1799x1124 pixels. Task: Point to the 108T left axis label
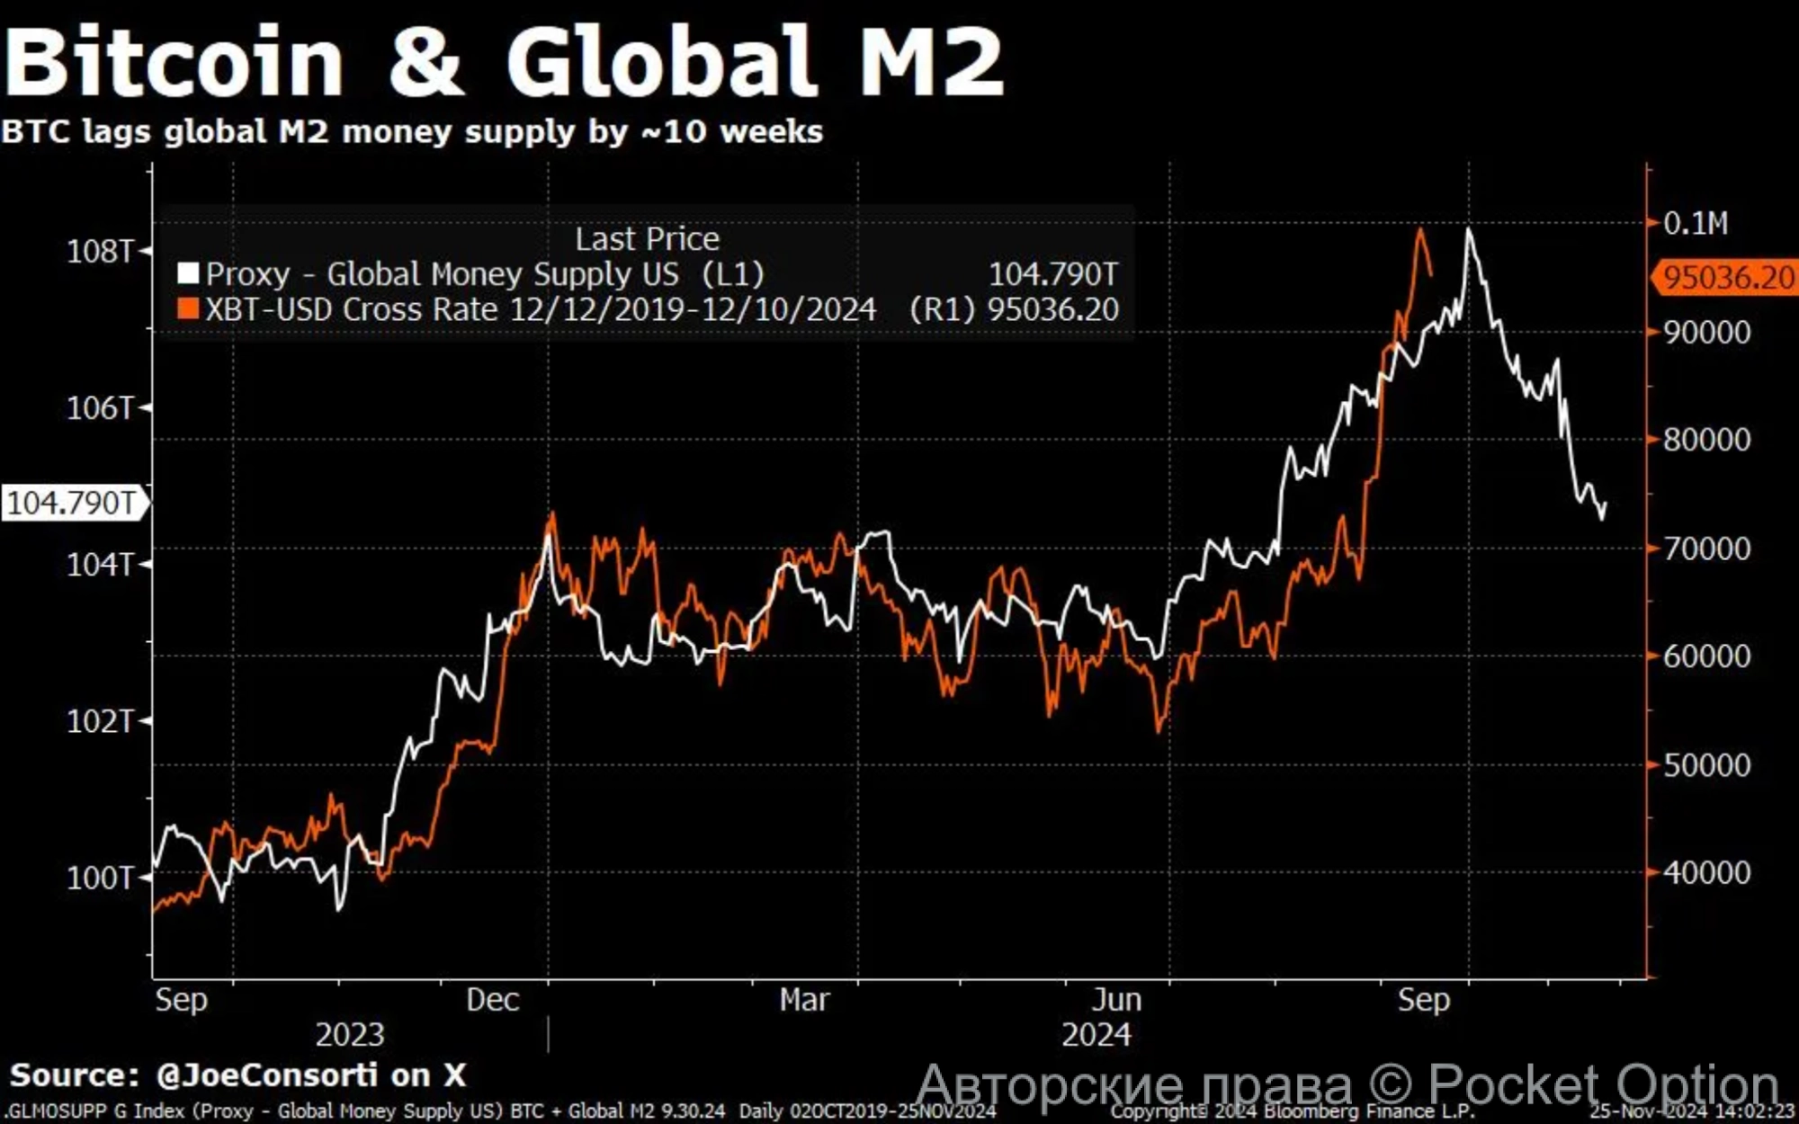tap(100, 251)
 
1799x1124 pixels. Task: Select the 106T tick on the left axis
tap(100, 408)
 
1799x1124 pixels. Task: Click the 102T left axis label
tap(100, 721)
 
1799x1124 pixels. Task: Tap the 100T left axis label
tap(100, 878)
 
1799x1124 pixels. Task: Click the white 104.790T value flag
tap(72, 503)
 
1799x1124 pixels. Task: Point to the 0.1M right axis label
tap(1696, 223)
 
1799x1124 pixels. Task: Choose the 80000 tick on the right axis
tap(1706, 440)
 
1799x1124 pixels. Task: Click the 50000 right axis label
tap(1706, 765)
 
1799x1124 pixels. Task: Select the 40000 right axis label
tap(1706, 873)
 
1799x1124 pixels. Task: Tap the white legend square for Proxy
tap(188, 273)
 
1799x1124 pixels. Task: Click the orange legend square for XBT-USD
tap(188, 309)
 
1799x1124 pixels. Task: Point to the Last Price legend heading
tap(647, 239)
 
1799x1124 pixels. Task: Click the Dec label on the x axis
tap(492, 1000)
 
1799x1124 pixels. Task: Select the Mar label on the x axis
tap(804, 1000)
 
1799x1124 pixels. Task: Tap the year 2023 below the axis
tap(349, 1035)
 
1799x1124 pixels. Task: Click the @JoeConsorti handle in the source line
tap(266, 1075)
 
